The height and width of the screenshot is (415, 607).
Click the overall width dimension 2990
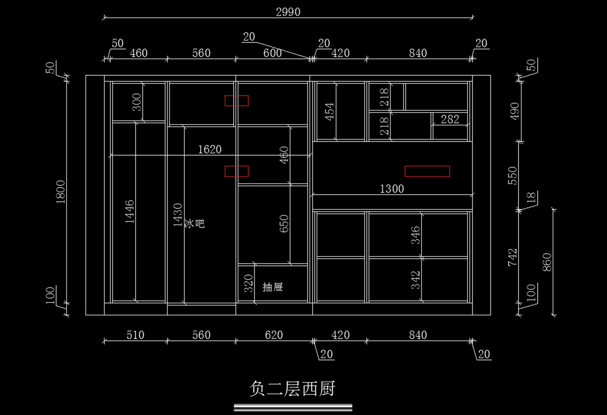[288, 12]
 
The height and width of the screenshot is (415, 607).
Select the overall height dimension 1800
[61, 192]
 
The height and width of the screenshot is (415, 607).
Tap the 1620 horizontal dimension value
[209, 150]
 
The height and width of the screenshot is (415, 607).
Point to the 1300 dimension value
[392, 189]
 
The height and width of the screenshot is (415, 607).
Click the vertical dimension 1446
[129, 212]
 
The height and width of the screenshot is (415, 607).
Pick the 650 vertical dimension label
[284, 223]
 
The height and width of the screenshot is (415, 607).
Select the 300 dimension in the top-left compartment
[137, 102]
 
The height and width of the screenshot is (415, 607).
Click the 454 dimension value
[329, 111]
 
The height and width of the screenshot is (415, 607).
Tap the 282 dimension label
[450, 119]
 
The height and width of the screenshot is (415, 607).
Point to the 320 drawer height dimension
[248, 284]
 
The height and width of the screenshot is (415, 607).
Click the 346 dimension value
[415, 235]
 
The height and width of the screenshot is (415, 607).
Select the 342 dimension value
[415, 280]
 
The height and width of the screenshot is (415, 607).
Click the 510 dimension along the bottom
[135, 335]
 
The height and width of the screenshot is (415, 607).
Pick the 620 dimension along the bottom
[273, 335]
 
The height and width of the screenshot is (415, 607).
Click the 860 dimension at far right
[547, 262]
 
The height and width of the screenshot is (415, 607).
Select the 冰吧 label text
[194, 223]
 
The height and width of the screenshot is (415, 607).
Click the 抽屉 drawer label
[273, 288]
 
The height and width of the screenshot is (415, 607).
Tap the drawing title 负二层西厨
[292, 389]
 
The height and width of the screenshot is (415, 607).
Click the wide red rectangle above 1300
[427, 171]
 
